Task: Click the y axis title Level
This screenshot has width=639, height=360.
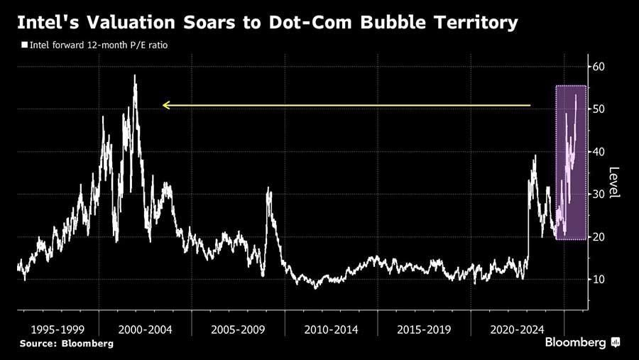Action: [615, 182]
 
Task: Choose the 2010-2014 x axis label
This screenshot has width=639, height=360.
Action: [331, 330]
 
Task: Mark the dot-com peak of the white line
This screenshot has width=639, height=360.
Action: [135, 75]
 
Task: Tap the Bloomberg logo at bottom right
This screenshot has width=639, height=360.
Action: [583, 343]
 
